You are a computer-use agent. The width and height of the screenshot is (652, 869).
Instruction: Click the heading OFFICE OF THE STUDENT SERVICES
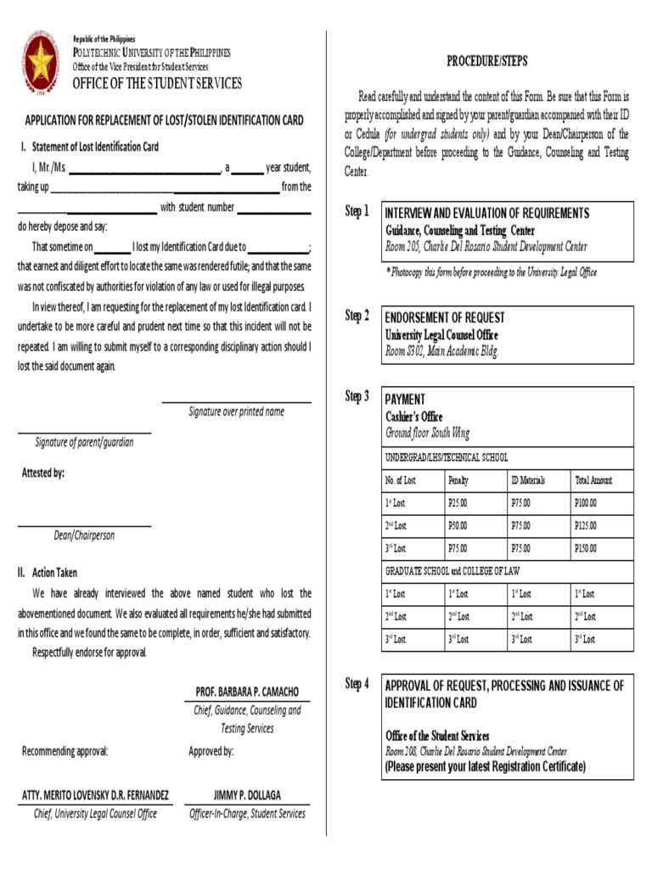coord(157,83)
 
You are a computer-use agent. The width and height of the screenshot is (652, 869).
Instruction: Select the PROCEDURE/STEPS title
coord(486,61)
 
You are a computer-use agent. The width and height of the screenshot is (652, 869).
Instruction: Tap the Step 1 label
coord(357,211)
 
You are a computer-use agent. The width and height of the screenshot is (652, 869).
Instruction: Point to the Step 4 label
coord(357,684)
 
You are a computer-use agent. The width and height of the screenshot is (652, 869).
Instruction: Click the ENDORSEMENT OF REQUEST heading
coord(444,317)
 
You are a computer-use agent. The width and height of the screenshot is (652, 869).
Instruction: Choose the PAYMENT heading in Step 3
coord(405,400)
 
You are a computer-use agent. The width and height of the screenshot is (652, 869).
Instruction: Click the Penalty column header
coord(458,480)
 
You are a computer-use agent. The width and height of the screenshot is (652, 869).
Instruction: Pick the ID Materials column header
coord(527,480)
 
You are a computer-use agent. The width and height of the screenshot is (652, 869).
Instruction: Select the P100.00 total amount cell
coord(586,503)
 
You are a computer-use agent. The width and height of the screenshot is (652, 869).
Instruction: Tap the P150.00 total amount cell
coord(586,549)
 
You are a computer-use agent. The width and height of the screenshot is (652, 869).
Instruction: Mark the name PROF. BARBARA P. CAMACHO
coord(247,692)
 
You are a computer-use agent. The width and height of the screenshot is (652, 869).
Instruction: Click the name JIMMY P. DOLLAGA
coord(247,795)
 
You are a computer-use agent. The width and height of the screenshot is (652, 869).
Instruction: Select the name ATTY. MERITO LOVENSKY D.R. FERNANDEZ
coord(95,795)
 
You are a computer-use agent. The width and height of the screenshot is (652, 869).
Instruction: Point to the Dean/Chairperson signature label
coord(84,535)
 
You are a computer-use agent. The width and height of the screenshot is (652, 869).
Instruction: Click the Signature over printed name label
coord(236,412)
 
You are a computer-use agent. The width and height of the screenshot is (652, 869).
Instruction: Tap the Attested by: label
coord(42,473)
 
